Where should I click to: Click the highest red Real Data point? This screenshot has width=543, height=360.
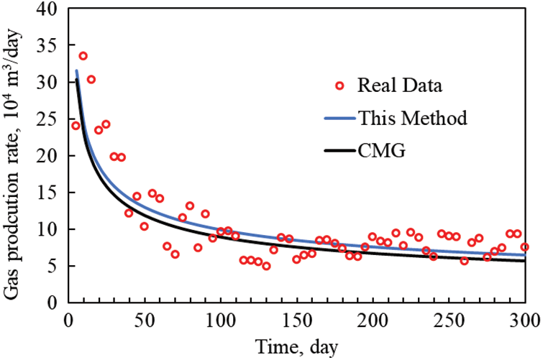[x=83, y=56]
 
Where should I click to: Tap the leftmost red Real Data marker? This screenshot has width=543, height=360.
[x=76, y=126]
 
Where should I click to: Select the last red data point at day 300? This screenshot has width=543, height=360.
[x=524, y=247]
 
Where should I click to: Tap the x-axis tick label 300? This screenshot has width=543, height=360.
[x=524, y=319]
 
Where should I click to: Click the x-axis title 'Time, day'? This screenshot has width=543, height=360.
[x=296, y=346]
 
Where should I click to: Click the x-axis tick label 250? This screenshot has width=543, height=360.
[x=449, y=319]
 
